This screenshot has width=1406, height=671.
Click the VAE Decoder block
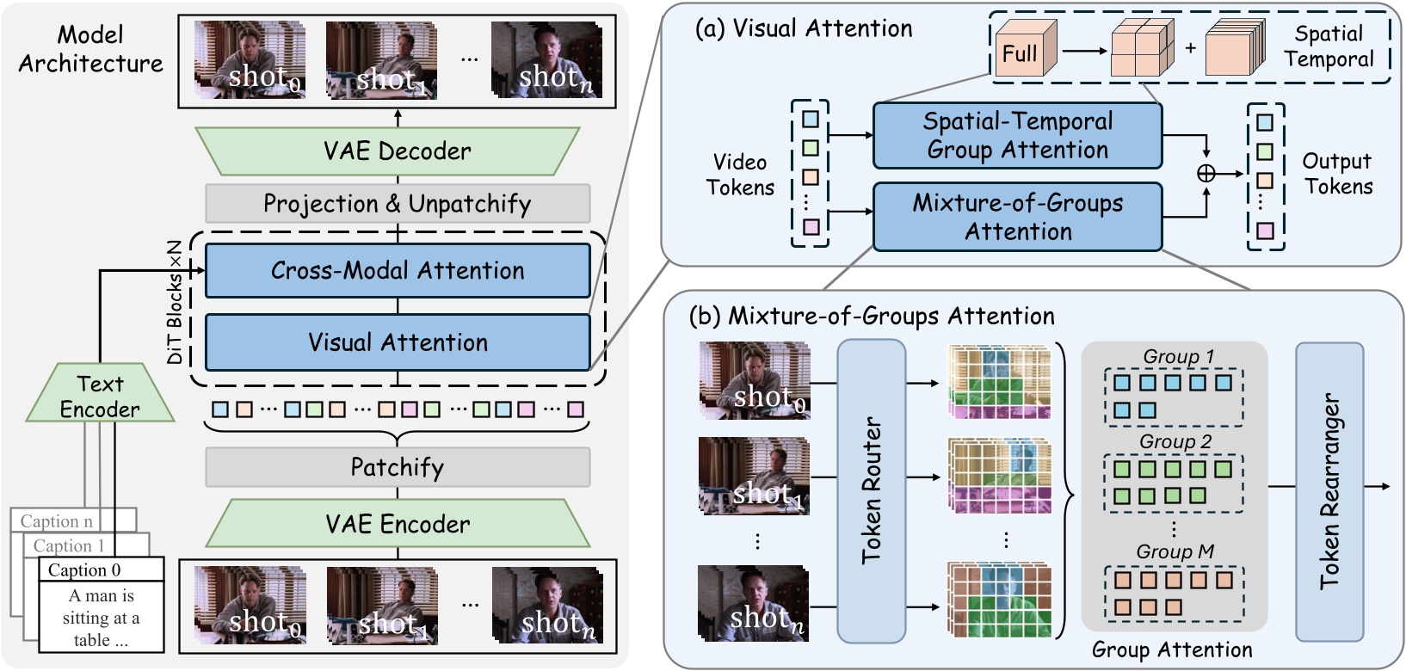pyautogui.click(x=397, y=151)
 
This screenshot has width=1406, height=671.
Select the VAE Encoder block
pyautogui.click(x=397, y=524)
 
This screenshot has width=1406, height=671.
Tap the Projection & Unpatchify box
pyautogui.click(x=397, y=204)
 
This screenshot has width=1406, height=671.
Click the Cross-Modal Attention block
pyautogui.click(x=397, y=270)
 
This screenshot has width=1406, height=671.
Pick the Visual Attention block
pyautogui.click(x=397, y=342)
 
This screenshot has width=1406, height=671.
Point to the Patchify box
pyautogui.click(x=397, y=467)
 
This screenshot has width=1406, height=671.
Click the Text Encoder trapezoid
pyautogui.click(x=100, y=396)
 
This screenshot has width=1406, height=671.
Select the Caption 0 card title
pyautogui.click(x=84, y=569)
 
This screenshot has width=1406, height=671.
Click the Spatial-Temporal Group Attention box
pyautogui.click(x=1017, y=136)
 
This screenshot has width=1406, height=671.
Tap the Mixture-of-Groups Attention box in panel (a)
pyautogui.click(x=1017, y=217)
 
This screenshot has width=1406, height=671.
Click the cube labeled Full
pyautogui.click(x=1021, y=53)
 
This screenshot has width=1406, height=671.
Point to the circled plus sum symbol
pyautogui.click(x=1206, y=174)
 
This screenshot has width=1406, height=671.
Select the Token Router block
pyautogui.click(x=872, y=490)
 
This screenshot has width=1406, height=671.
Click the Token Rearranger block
pyautogui.click(x=1329, y=490)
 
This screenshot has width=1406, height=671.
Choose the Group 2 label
pyautogui.click(x=1175, y=441)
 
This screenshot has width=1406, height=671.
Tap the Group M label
pyautogui.click(x=1175, y=551)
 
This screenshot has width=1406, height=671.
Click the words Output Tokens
pyautogui.click(x=1337, y=174)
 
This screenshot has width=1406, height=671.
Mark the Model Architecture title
pyautogui.click(x=90, y=49)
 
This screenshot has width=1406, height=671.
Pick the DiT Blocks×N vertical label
pyautogui.click(x=175, y=301)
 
